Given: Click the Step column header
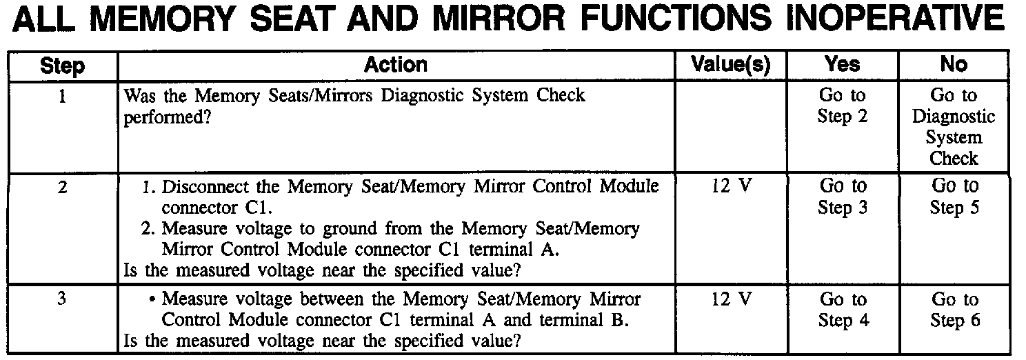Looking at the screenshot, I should click(x=63, y=66).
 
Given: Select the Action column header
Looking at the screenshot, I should click(x=395, y=65).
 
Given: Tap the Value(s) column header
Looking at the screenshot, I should click(x=730, y=65).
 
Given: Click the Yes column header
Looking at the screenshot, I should click(x=842, y=65).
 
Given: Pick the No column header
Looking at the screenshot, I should click(x=954, y=65).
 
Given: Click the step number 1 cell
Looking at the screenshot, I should click(x=63, y=96).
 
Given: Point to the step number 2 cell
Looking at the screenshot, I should click(x=63, y=187).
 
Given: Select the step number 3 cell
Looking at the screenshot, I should click(x=63, y=301).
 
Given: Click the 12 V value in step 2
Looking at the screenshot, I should click(x=730, y=187).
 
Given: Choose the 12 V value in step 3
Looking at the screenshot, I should click(x=730, y=301).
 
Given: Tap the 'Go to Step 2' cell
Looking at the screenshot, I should click(x=842, y=106).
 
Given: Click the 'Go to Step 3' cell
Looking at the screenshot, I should click(x=842, y=197).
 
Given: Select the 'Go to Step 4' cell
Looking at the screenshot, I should click(x=842, y=310).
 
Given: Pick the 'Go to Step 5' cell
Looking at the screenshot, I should click(x=954, y=197).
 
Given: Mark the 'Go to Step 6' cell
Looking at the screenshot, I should click(x=954, y=310).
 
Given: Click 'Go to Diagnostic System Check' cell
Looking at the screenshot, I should click(x=954, y=127).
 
